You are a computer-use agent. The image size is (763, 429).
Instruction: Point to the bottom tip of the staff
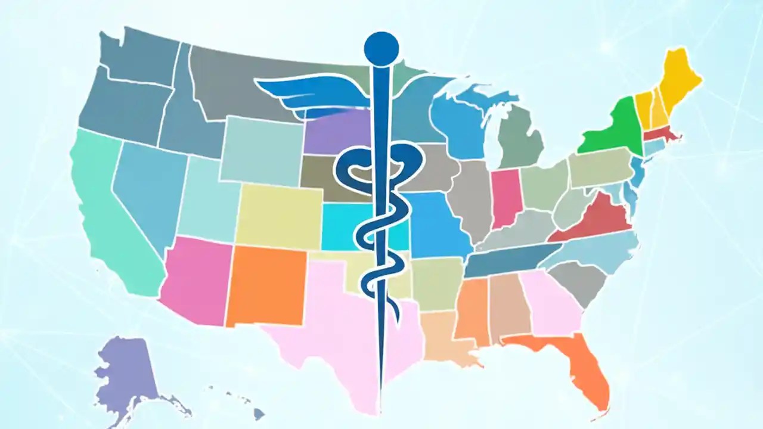tap(380, 411)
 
